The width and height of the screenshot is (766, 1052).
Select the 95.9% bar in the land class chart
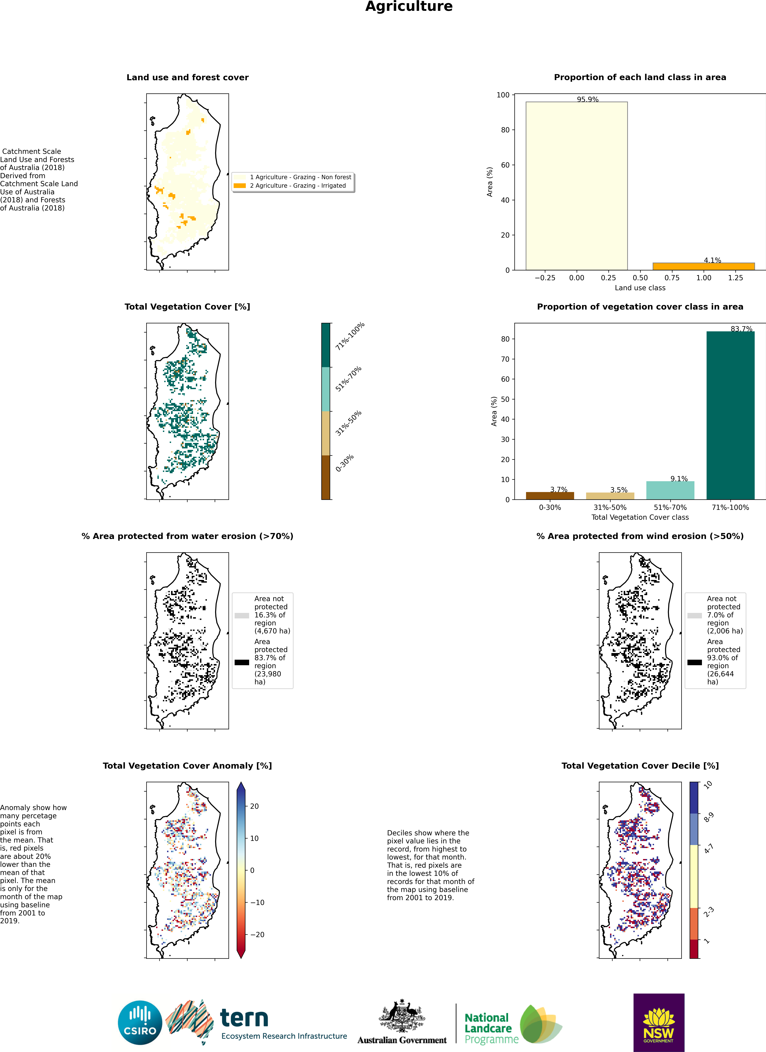tap(576, 185)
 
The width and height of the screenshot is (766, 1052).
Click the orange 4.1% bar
tap(703, 266)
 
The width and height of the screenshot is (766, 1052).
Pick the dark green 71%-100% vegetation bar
tap(730, 415)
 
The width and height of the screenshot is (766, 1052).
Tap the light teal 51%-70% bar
tap(670, 490)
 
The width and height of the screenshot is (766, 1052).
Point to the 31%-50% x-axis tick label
tap(610, 508)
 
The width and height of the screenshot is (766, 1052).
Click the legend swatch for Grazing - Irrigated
tap(240, 185)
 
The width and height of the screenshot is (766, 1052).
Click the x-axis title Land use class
tap(640, 288)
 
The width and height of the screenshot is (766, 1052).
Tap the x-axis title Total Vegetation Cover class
tap(640, 517)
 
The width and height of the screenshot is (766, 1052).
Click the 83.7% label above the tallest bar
tap(741, 329)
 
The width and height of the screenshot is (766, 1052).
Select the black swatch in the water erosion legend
tap(242, 662)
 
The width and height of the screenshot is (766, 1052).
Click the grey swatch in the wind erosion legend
tap(694, 616)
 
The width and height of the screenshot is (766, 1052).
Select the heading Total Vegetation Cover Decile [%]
tap(640, 766)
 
